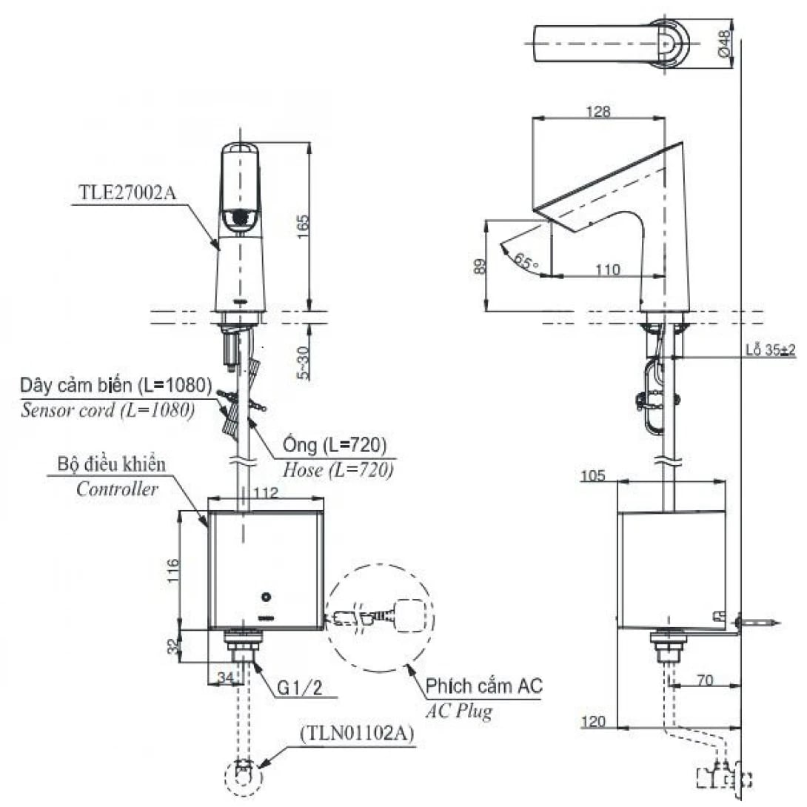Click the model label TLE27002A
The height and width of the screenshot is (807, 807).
click(x=127, y=192)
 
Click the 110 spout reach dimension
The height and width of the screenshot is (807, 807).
click(x=607, y=270)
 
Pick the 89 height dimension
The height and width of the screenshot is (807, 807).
click(x=479, y=266)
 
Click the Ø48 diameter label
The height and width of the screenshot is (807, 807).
click(x=725, y=44)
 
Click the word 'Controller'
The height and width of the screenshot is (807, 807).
click(x=117, y=489)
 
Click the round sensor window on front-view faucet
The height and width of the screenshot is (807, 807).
click(x=239, y=218)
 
